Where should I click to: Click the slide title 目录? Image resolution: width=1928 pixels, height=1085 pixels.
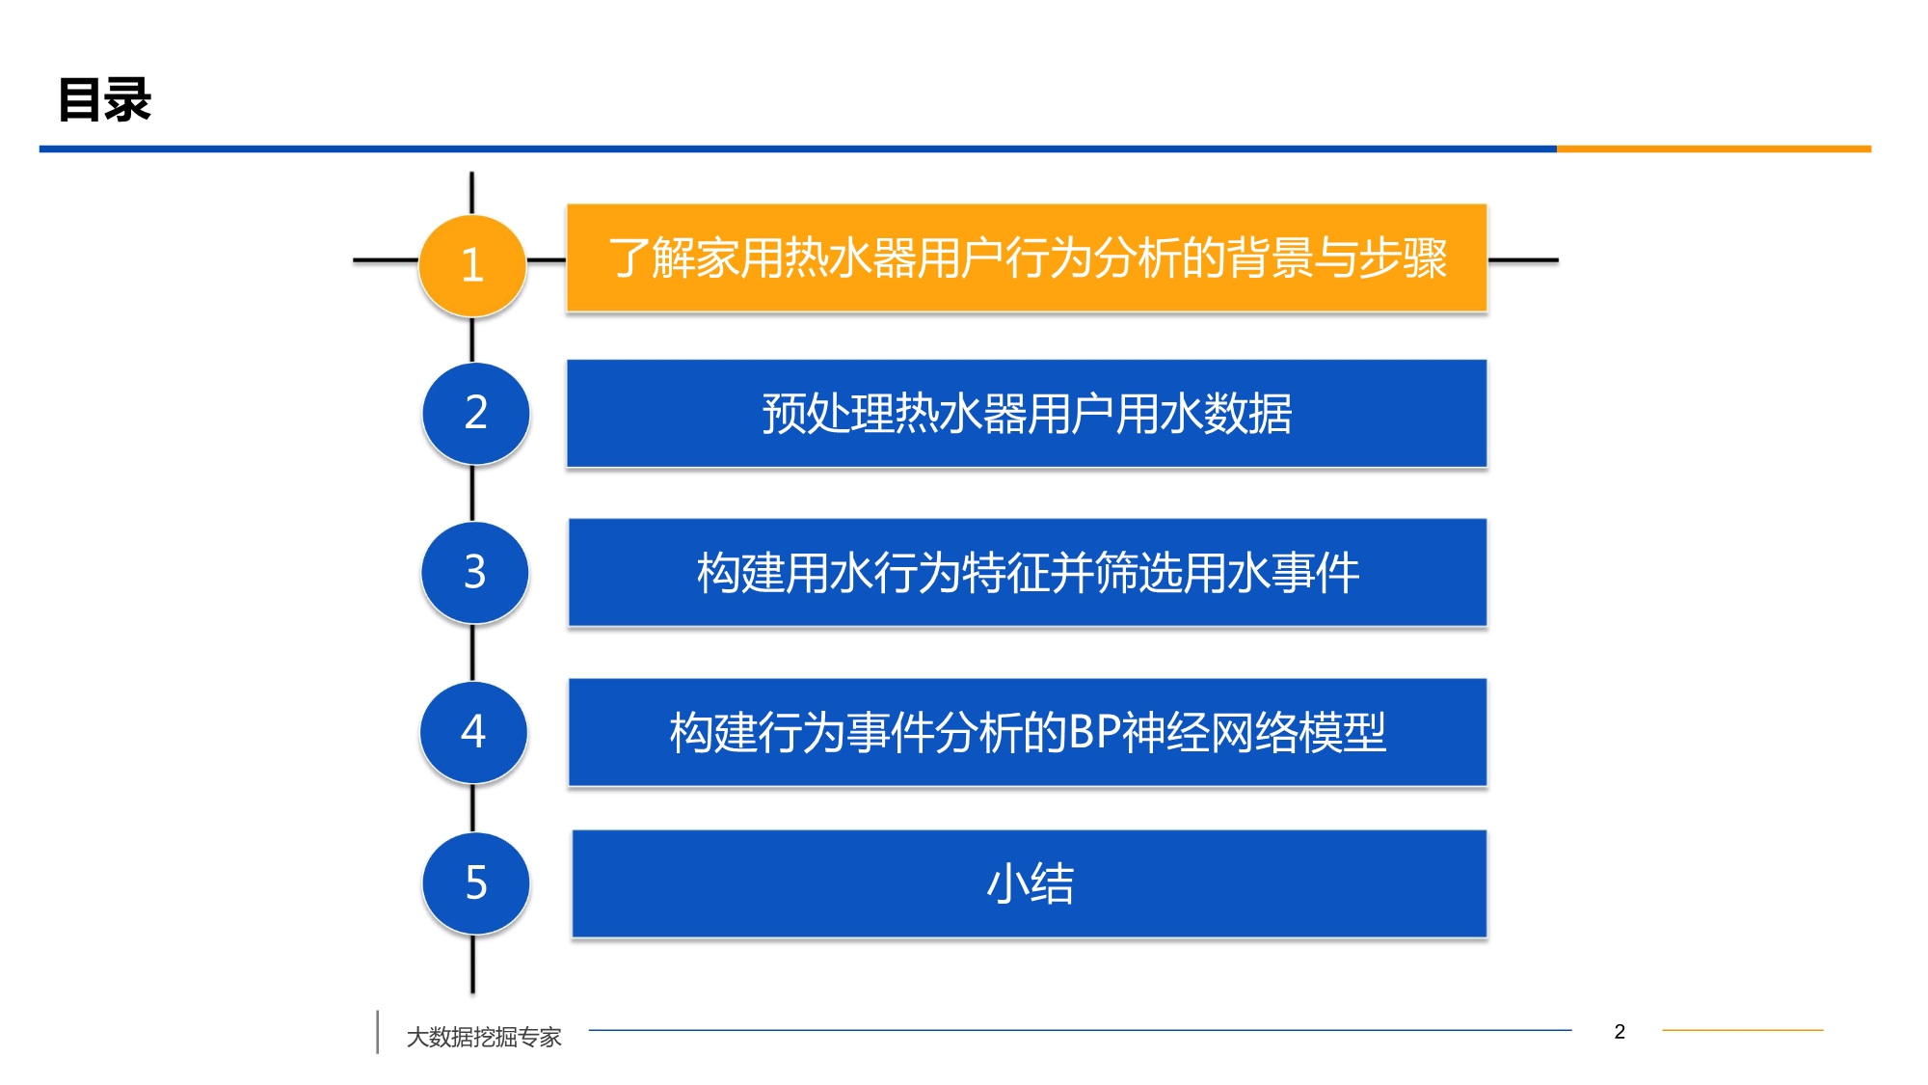click(x=105, y=99)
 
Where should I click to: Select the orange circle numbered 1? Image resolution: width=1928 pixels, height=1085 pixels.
click(x=472, y=265)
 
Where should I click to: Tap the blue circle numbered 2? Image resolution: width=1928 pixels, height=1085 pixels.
click(x=476, y=413)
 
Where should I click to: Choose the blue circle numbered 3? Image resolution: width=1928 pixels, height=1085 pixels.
click(x=475, y=572)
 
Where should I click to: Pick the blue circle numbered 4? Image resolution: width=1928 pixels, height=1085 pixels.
click(x=473, y=731)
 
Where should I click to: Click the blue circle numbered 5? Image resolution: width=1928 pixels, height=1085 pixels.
click(x=476, y=882)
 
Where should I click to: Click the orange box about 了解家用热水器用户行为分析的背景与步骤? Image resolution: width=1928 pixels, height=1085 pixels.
click(x=1027, y=258)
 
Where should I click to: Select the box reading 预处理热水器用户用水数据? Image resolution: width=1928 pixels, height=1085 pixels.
click(x=1027, y=414)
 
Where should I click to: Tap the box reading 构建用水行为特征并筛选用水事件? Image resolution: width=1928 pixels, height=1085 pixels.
click(x=1028, y=573)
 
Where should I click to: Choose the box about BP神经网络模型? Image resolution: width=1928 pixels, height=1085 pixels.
click(x=1028, y=732)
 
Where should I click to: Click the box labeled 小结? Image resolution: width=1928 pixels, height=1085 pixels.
click(x=1030, y=883)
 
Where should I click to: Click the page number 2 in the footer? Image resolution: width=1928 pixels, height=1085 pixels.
click(x=1620, y=1032)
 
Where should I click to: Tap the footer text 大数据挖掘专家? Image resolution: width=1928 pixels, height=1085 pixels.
click(x=484, y=1037)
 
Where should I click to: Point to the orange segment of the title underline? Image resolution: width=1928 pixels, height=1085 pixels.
click(x=1714, y=149)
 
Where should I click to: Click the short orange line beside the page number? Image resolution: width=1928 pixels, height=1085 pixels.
click(x=1743, y=1030)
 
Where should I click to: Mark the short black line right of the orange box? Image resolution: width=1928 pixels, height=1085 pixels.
click(x=1523, y=259)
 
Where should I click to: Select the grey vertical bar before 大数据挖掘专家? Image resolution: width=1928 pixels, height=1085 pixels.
click(x=377, y=1032)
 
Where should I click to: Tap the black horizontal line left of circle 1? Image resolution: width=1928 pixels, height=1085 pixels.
click(x=386, y=259)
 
